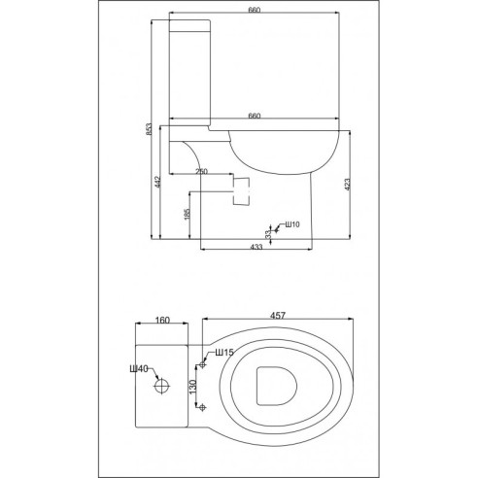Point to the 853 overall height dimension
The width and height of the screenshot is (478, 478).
pyautogui.click(x=148, y=132)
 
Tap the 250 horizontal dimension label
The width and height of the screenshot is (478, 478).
pyautogui.click(x=201, y=172)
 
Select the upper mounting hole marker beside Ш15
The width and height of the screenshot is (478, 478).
pyautogui.click(x=201, y=364)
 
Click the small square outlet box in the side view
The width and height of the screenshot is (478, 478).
pyautogui.click(x=244, y=186)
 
